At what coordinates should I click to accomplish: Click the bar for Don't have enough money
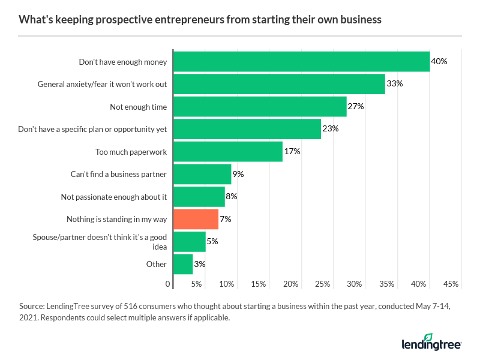pos(301,62)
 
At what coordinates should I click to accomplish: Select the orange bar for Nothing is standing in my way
pos(196,219)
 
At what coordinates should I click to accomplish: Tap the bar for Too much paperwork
pos(227,151)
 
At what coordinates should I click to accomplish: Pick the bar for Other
pos(183,264)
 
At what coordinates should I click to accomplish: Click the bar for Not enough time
pos(260,107)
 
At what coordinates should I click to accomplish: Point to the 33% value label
pos(394,84)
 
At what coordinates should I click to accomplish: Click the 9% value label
pos(238,174)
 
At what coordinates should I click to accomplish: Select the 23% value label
pos(331,129)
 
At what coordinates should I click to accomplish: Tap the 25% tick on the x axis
pos(323,284)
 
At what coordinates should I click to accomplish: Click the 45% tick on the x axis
pos(451,284)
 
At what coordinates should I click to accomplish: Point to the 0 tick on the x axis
pos(168,284)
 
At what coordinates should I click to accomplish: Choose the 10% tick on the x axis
pos(227,284)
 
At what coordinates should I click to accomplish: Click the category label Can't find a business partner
pos(118,174)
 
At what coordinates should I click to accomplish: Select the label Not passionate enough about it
pos(114,197)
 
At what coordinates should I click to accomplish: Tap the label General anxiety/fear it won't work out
pos(102,84)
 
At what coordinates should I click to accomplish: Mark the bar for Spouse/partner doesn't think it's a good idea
pos(189,241)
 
